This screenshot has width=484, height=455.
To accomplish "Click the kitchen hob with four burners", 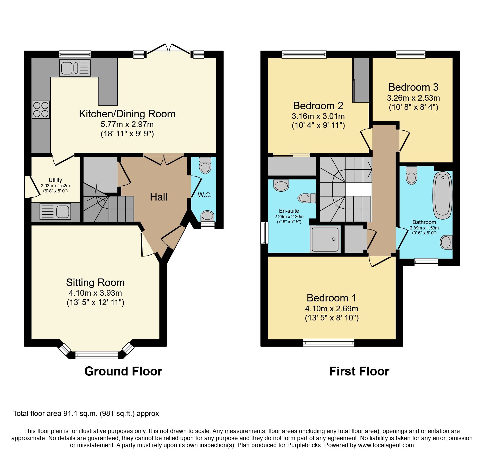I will (41, 110).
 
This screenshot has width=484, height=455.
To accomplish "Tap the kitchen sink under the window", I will (75, 68).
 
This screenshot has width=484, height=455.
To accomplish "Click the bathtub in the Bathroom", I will (442, 195).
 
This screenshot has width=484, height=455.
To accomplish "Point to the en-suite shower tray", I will (325, 239).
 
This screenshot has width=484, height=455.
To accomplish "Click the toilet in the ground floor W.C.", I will (205, 165).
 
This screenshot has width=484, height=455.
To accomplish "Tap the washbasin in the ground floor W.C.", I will (207, 216).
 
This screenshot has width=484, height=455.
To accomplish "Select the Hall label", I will (158, 197).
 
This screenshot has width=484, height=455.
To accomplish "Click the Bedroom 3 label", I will (413, 87).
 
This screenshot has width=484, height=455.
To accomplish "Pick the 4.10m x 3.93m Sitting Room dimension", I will (95, 293).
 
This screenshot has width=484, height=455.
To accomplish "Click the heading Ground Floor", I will (123, 371).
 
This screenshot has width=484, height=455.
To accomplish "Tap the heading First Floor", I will (359, 371).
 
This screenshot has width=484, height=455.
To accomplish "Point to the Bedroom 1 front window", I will (329, 342).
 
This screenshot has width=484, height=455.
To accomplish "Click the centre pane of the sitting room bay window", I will (96, 355).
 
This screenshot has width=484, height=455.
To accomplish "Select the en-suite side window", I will (264, 233).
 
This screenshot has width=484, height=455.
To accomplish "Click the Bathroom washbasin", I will (446, 242).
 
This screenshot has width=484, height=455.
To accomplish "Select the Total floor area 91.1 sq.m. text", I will (86, 414).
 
